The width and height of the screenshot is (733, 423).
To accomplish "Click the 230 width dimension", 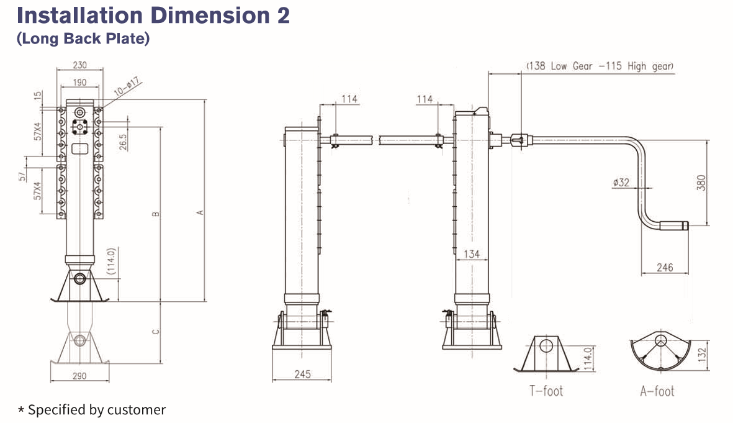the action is click(80, 65).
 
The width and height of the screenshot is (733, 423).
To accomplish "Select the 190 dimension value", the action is click(80, 83).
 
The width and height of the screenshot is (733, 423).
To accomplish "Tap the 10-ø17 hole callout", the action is click(128, 88).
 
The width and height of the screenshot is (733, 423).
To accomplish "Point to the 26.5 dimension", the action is click(123, 142).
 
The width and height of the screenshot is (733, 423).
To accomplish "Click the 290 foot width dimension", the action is click(80, 376).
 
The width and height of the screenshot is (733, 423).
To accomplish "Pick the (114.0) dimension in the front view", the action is click(111, 262).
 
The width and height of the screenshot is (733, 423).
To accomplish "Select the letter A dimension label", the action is click(200, 213).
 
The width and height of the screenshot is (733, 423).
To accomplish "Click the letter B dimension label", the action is click(156, 214).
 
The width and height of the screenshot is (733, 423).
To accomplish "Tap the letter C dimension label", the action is click(156, 332).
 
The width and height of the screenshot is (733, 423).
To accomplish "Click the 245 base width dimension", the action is click(302, 374).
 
